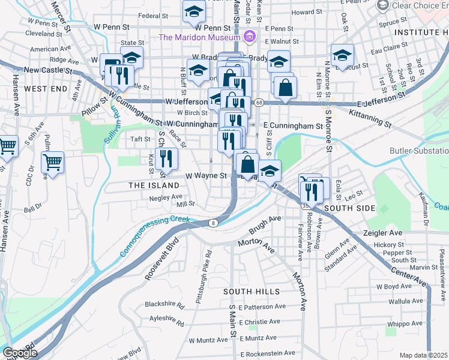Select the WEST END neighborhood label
click(46, 89)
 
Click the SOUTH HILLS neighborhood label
click(252, 292)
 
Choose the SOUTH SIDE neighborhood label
click(349, 208)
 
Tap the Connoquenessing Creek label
click(155, 236)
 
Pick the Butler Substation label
click(418, 151)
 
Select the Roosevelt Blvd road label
click(161, 262)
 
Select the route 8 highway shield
click(213, 224)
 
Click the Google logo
click(20, 353)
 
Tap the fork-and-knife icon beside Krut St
click(167, 158)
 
